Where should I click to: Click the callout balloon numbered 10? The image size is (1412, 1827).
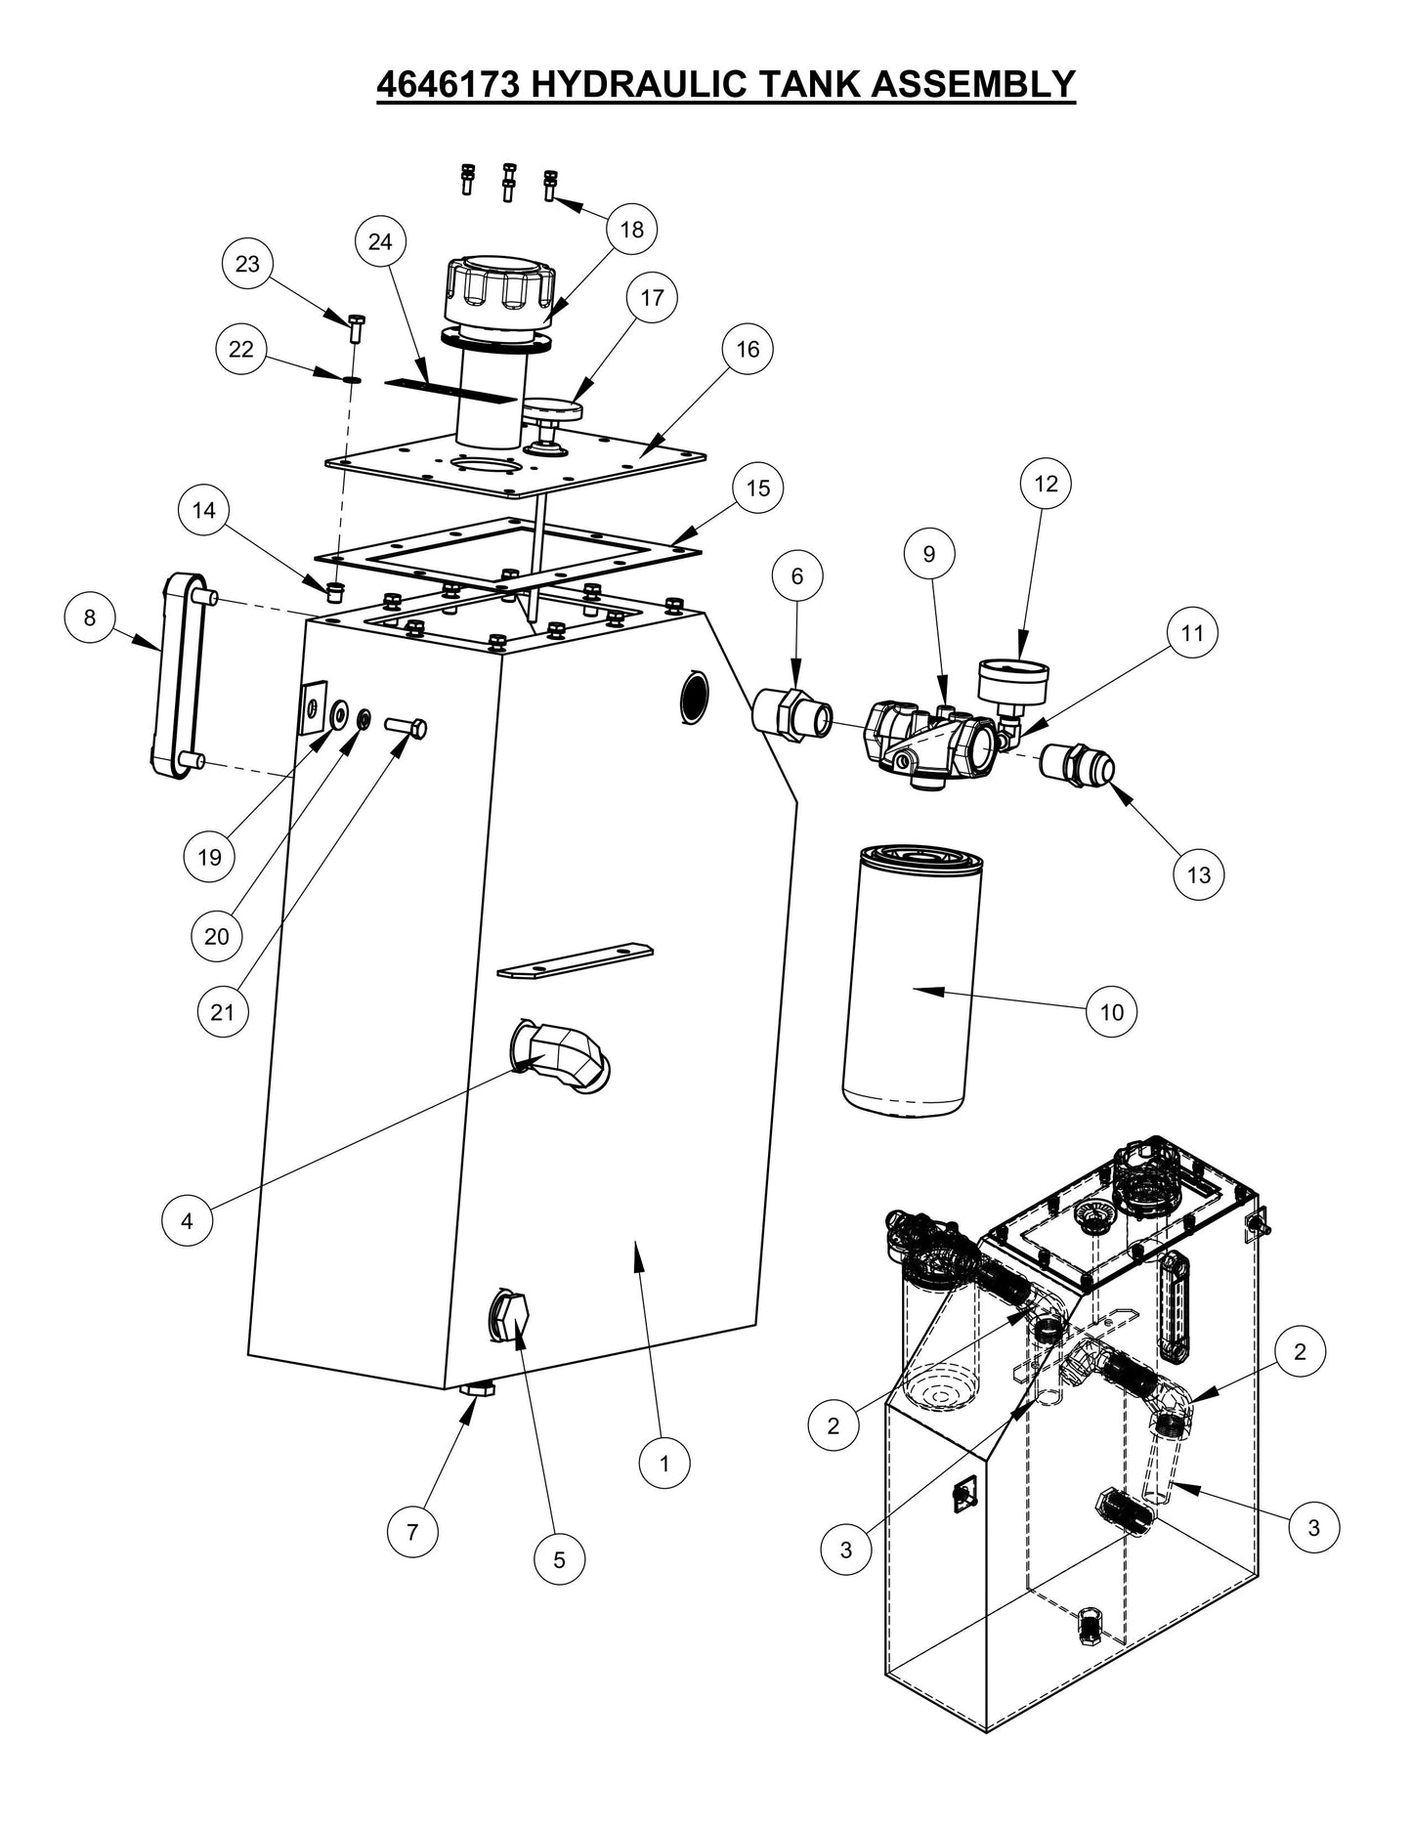click(1113, 1012)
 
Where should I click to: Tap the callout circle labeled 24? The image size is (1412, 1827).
click(380, 241)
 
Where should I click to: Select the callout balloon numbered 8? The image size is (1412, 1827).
click(90, 617)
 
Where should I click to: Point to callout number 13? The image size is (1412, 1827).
click(1199, 874)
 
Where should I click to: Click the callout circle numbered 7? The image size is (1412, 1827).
click(412, 1532)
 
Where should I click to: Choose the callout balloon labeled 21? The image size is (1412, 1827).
click(223, 1012)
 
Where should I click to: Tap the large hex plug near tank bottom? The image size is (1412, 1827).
click(509, 1319)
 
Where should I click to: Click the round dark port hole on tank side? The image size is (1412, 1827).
click(694, 696)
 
